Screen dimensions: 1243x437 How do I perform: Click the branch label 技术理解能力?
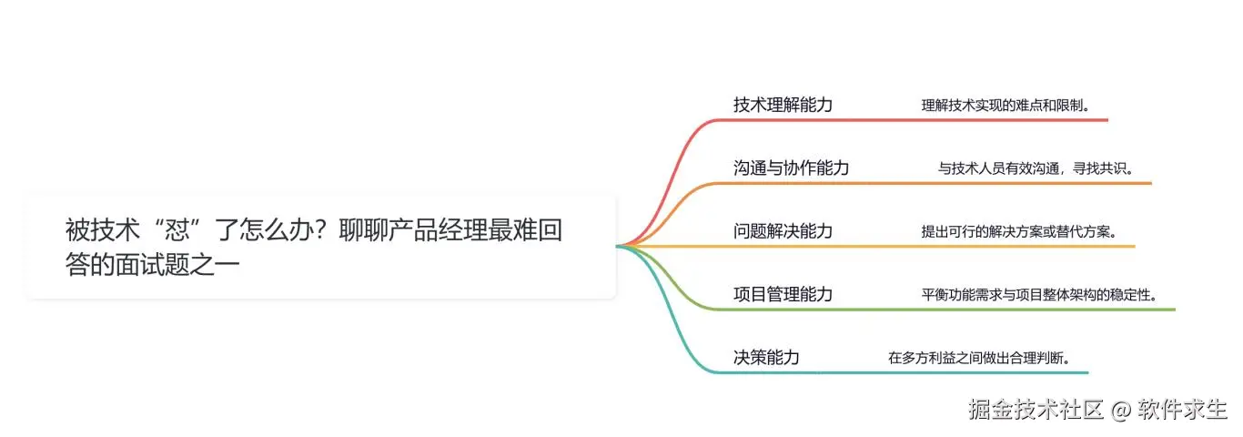pyautogui.click(x=783, y=105)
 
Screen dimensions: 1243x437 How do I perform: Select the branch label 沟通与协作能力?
pyautogui.click(x=791, y=168)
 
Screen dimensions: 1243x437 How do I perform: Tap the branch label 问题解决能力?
pyautogui.click(x=783, y=231)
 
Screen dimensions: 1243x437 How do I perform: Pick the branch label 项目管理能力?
pyautogui.click(x=783, y=294)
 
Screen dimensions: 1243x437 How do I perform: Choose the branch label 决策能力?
pyautogui.click(x=766, y=357)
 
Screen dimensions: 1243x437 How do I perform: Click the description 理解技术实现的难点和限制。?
pyautogui.click(x=1006, y=106)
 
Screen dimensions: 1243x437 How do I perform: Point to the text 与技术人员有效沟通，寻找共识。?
pyautogui.click(x=1036, y=168)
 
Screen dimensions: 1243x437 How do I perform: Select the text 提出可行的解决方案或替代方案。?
pyautogui.click(x=1018, y=231)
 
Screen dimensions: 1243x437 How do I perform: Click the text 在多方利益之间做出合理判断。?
pyautogui.click(x=978, y=357)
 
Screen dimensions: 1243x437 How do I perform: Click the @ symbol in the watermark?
pyautogui.click(x=1119, y=410)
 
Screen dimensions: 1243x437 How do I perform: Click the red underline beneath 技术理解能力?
pyautogui.click(x=910, y=120)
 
